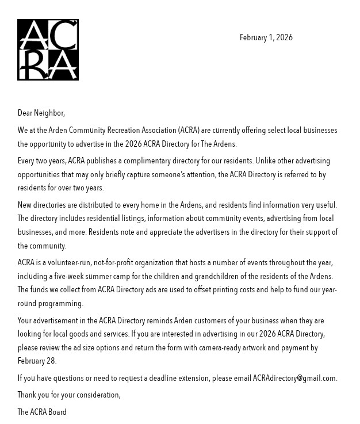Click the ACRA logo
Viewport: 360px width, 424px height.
pos(48,49)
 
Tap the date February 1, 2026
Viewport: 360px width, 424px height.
pos(266,38)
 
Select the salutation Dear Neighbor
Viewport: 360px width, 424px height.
pos(41,113)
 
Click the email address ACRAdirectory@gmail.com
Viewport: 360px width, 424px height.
pos(294,379)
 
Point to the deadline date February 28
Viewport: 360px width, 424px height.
pos(36,361)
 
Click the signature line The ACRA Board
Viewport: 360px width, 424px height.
pos(42,412)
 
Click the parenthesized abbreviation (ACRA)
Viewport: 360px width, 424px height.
pos(189,131)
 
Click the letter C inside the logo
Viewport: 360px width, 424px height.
pos(66,36)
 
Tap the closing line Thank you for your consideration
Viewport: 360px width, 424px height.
pos(69,395)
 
